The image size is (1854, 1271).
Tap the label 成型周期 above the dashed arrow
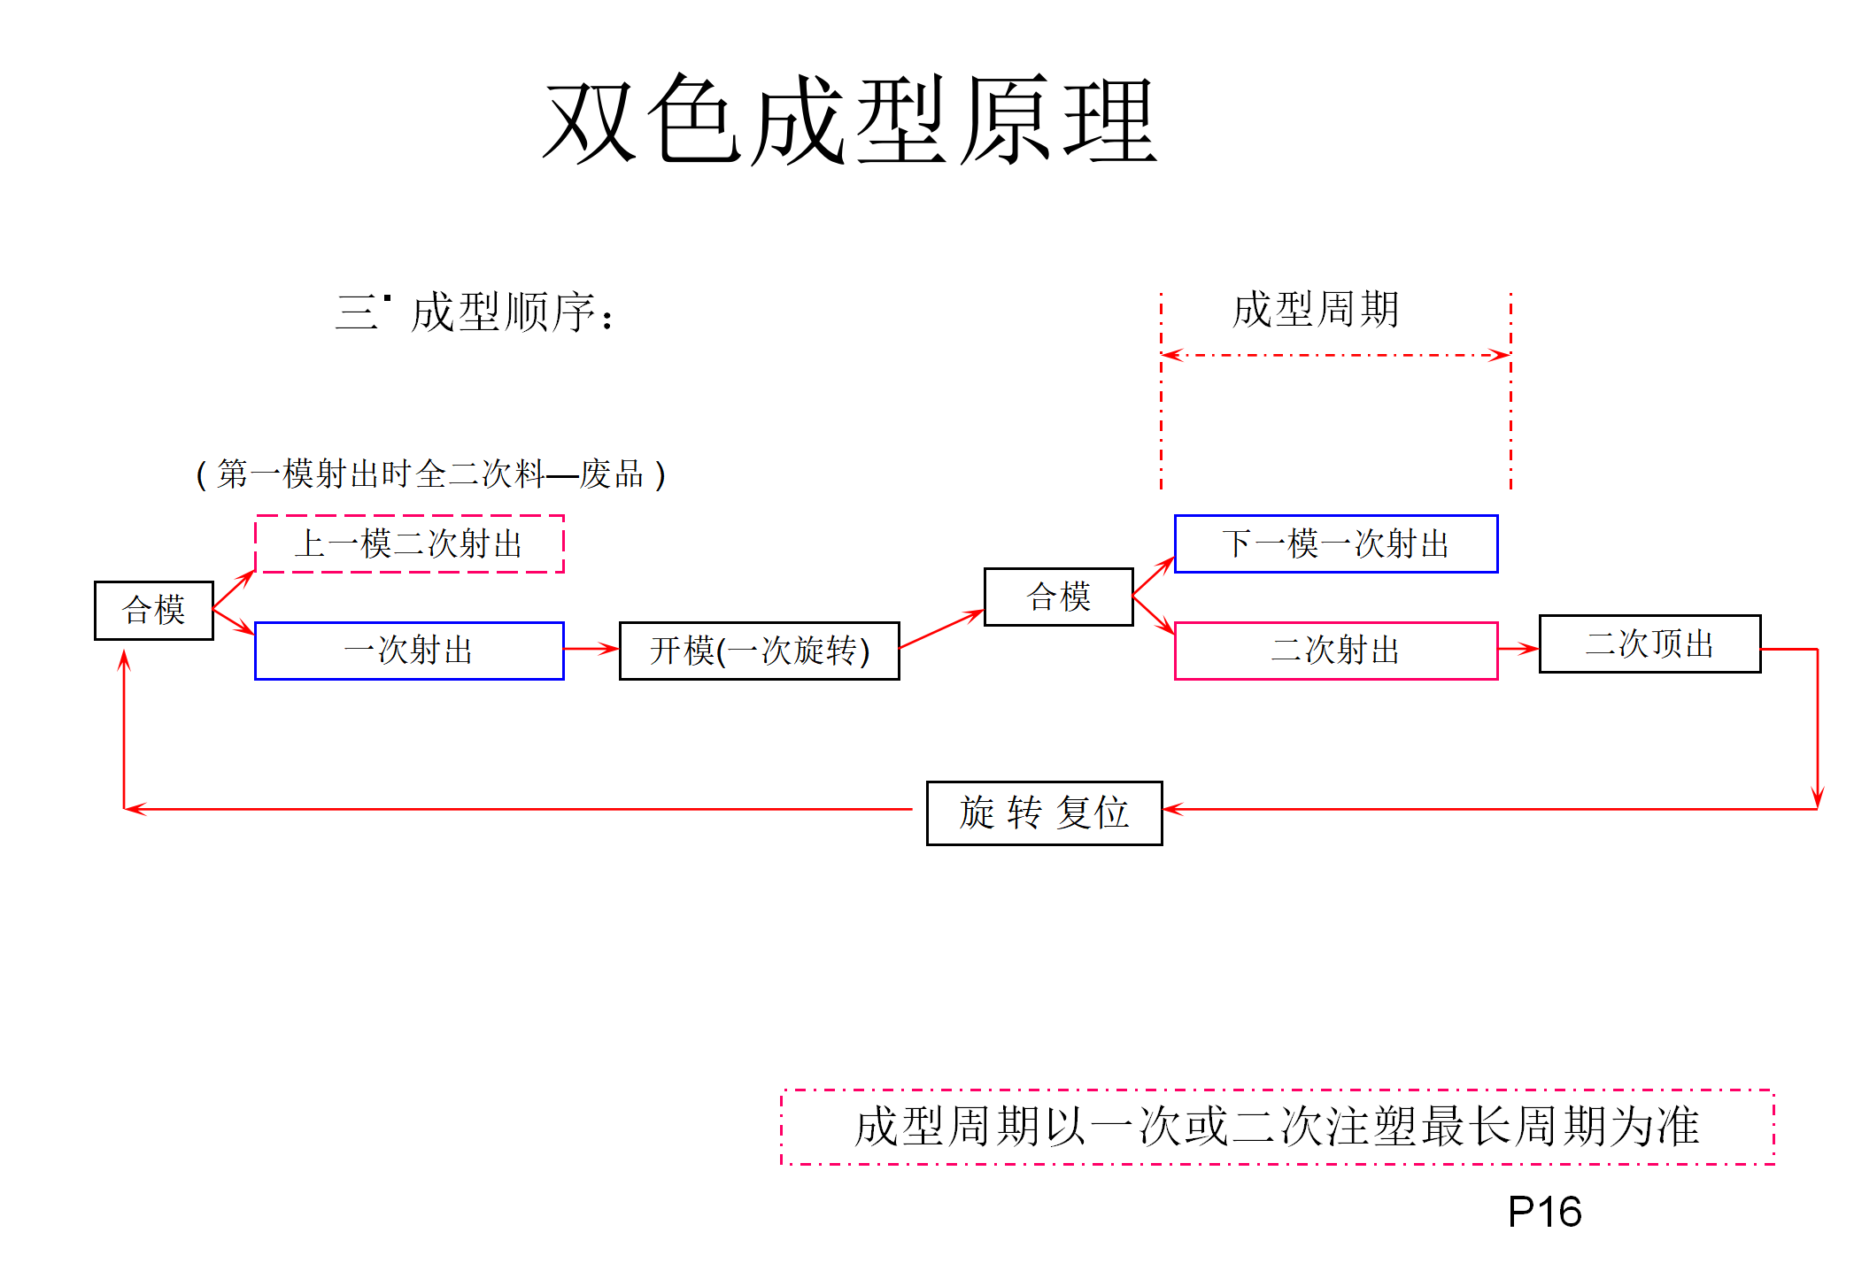(x=1315, y=310)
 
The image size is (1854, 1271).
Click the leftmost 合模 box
(x=154, y=610)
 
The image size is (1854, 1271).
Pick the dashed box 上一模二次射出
(x=409, y=543)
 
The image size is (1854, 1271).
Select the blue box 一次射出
(x=409, y=651)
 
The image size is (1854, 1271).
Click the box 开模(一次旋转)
(x=759, y=651)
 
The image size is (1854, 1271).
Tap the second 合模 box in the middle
(x=1058, y=597)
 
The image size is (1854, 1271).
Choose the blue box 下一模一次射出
(x=1335, y=543)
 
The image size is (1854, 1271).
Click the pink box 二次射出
(x=1335, y=651)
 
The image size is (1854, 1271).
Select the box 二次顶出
(x=1649, y=643)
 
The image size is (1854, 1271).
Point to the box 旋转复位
(x=1044, y=813)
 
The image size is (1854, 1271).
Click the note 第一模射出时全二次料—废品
(x=430, y=474)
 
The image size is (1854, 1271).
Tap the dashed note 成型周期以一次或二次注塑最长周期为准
(x=1277, y=1127)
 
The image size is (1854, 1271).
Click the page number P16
(x=1544, y=1212)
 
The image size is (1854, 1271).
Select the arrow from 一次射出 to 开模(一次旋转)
(x=591, y=649)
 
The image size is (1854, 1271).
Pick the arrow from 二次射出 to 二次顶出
(x=1518, y=649)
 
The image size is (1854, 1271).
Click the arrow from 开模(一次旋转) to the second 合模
(x=941, y=629)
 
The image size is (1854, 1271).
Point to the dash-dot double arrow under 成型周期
(x=1335, y=355)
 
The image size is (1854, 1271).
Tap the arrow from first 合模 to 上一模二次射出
(x=234, y=590)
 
